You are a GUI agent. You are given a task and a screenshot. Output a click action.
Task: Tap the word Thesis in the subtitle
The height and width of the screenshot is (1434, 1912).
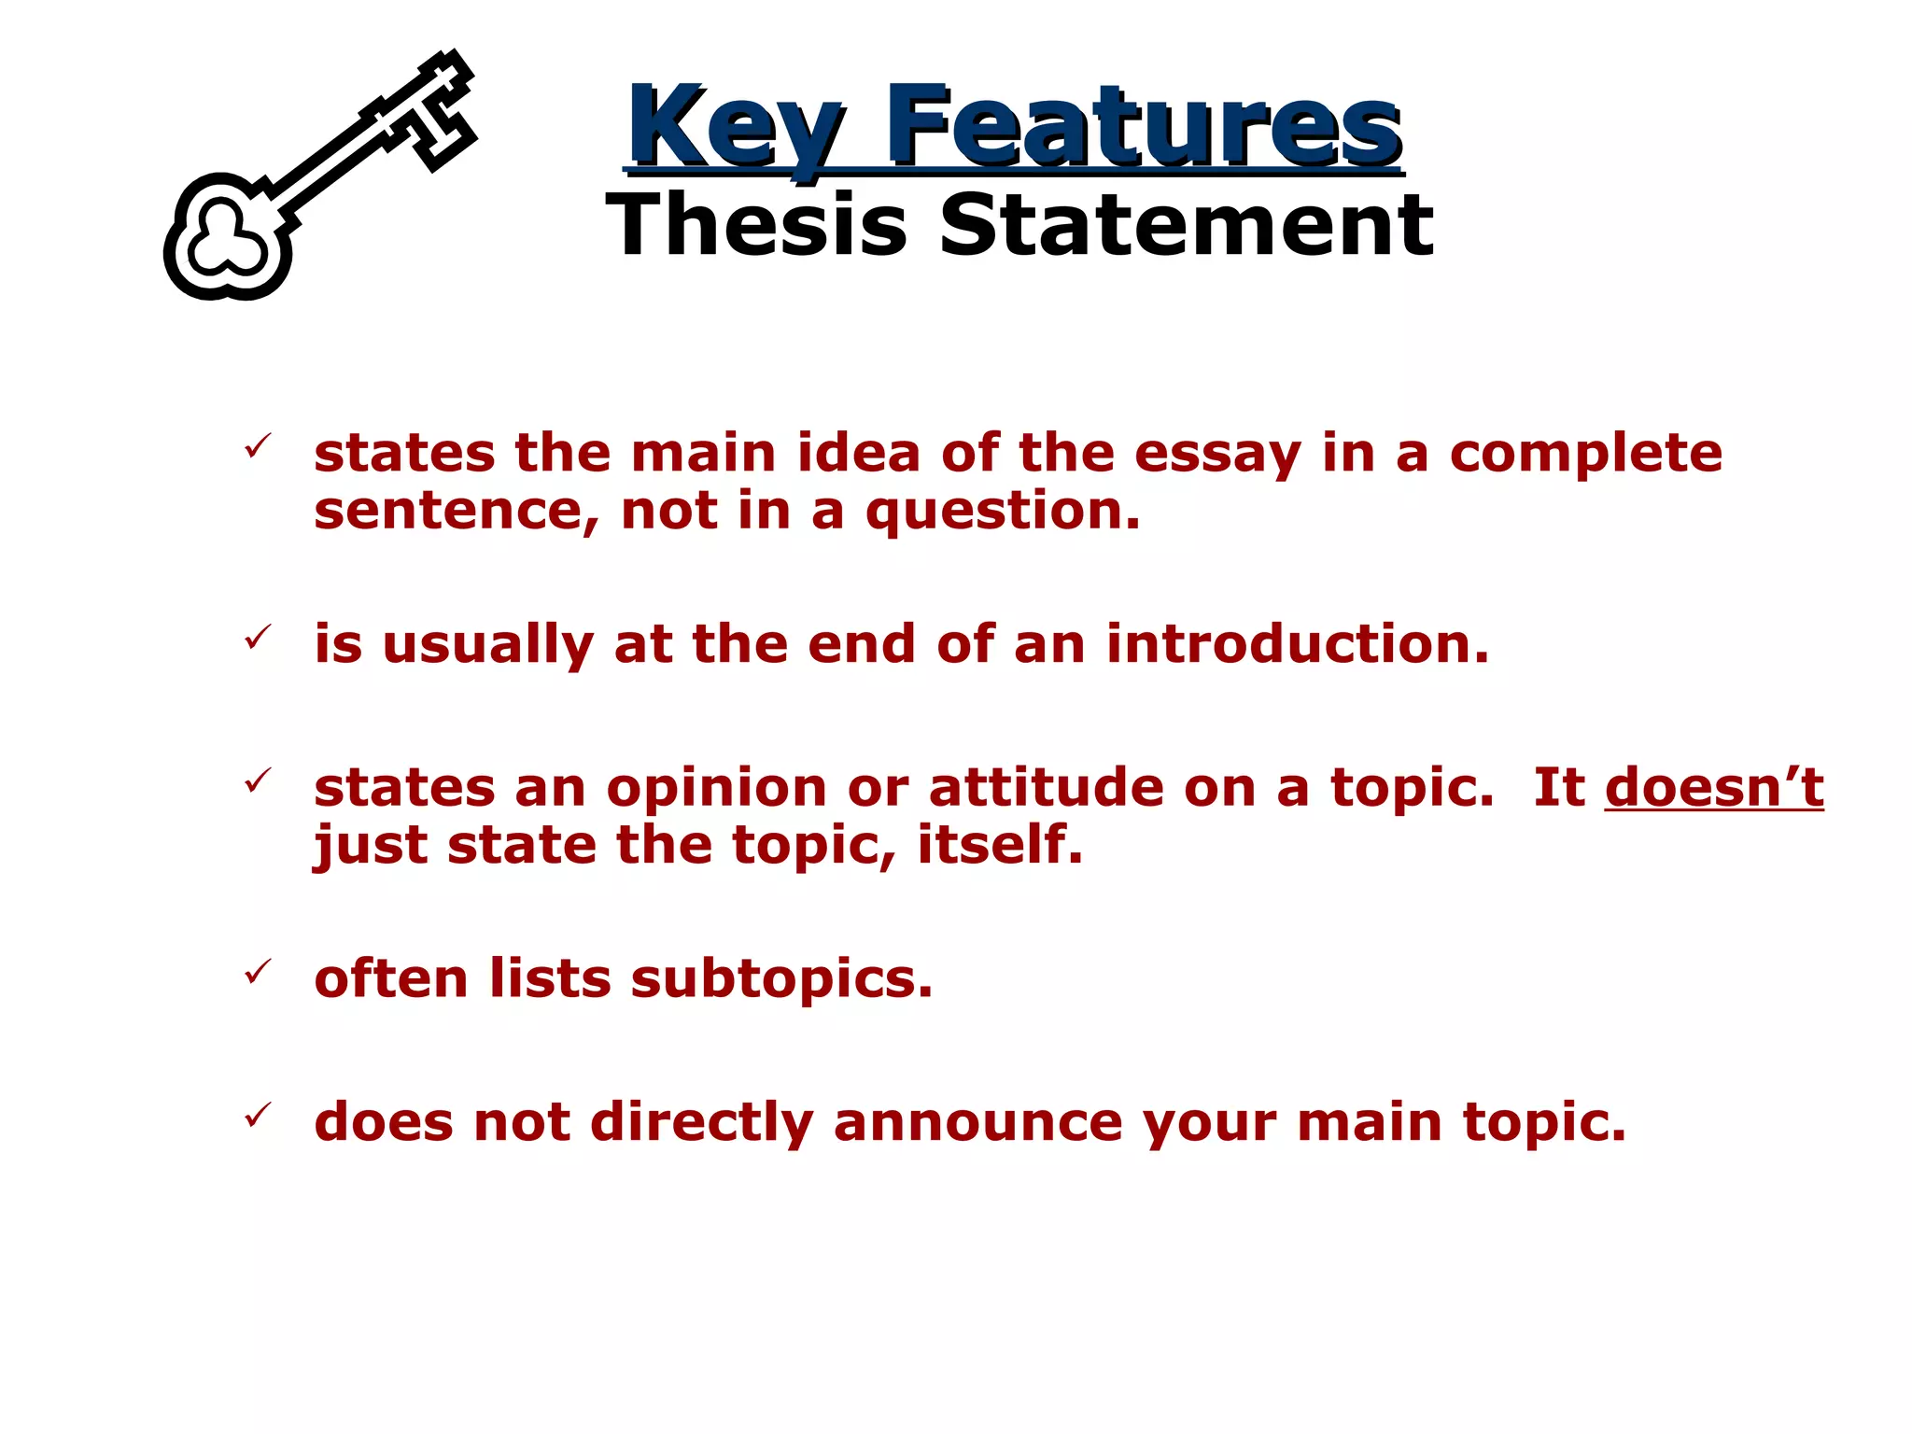point(756,225)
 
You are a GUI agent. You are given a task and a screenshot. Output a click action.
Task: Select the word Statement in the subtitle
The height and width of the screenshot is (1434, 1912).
point(1186,225)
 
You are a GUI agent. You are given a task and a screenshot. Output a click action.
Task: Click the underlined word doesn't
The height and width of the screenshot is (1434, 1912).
point(1714,787)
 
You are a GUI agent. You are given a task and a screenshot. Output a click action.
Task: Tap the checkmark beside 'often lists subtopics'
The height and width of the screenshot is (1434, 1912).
point(258,972)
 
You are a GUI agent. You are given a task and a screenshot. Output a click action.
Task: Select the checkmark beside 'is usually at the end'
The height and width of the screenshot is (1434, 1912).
point(258,638)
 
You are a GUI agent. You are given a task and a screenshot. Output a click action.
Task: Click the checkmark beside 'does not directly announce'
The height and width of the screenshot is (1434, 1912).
point(258,1115)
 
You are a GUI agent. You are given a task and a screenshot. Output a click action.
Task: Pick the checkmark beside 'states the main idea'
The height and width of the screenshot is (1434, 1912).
point(258,445)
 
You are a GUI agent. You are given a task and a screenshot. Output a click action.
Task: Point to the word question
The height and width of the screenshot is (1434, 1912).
point(1003,513)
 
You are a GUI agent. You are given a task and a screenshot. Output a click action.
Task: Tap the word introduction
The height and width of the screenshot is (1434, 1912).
point(1298,644)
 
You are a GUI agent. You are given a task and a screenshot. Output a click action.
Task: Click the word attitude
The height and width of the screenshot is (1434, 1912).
point(1047,787)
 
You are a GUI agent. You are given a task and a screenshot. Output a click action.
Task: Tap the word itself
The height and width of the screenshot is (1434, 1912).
point(1000,844)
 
